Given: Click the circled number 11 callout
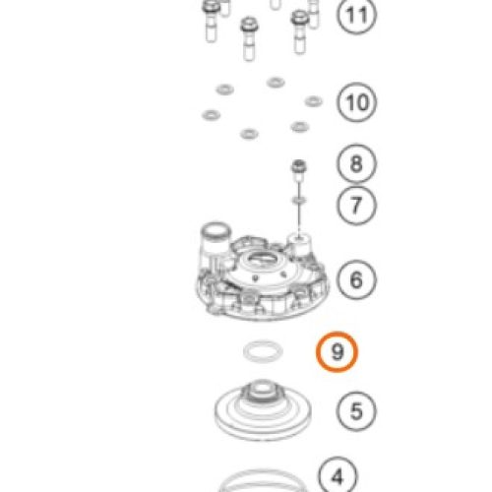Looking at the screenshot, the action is click(x=357, y=15).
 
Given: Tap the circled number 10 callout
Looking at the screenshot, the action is click(x=357, y=102).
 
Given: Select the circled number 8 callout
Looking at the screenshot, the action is click(x=356, y=163).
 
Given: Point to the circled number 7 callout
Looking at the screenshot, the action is click(x=356, y=206).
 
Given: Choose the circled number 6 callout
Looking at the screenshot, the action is click(x=356, y=279).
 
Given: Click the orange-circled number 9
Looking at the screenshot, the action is click(x=337, y=351).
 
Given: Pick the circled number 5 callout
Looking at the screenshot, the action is click(x=356, y=410).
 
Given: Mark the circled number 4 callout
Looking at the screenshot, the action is click(x=338, y=475).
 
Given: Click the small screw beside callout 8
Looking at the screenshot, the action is click(x=299, y=170).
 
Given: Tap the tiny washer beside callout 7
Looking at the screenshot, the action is click(x=299, y=200).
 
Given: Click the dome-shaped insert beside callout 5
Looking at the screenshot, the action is click(x=263, y=410).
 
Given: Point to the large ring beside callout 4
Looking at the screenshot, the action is click(x=263, y=474).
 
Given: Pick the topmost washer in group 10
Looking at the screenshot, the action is click(x=276, y=83).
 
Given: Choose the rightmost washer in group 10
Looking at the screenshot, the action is click(x=313, y=101).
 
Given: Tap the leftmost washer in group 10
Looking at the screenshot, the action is click(x=211, y=115).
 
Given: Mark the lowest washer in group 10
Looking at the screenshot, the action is click(x=249, y=134).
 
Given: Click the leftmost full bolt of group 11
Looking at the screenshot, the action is click(x=211, y=22).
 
